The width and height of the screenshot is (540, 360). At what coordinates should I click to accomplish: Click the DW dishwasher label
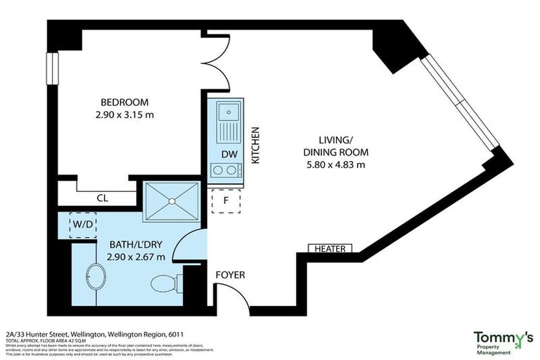tap(227, 153)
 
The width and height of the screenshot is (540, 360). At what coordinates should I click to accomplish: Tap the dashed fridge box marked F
tap(226, 200)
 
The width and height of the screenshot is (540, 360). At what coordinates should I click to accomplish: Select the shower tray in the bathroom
tap(171, 202)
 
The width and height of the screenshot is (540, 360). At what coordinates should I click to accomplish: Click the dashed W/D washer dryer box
tap(84, 225)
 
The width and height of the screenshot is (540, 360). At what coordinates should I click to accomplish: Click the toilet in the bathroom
tap(166, 283)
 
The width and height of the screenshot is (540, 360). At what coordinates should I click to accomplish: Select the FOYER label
tap(230, 274)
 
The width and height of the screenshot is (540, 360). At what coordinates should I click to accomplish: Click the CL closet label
tap(103, 199)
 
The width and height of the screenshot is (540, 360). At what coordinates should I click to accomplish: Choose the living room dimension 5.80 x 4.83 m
tap(335, 165)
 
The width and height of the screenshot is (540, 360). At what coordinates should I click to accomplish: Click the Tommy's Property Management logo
tap(502, 342)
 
